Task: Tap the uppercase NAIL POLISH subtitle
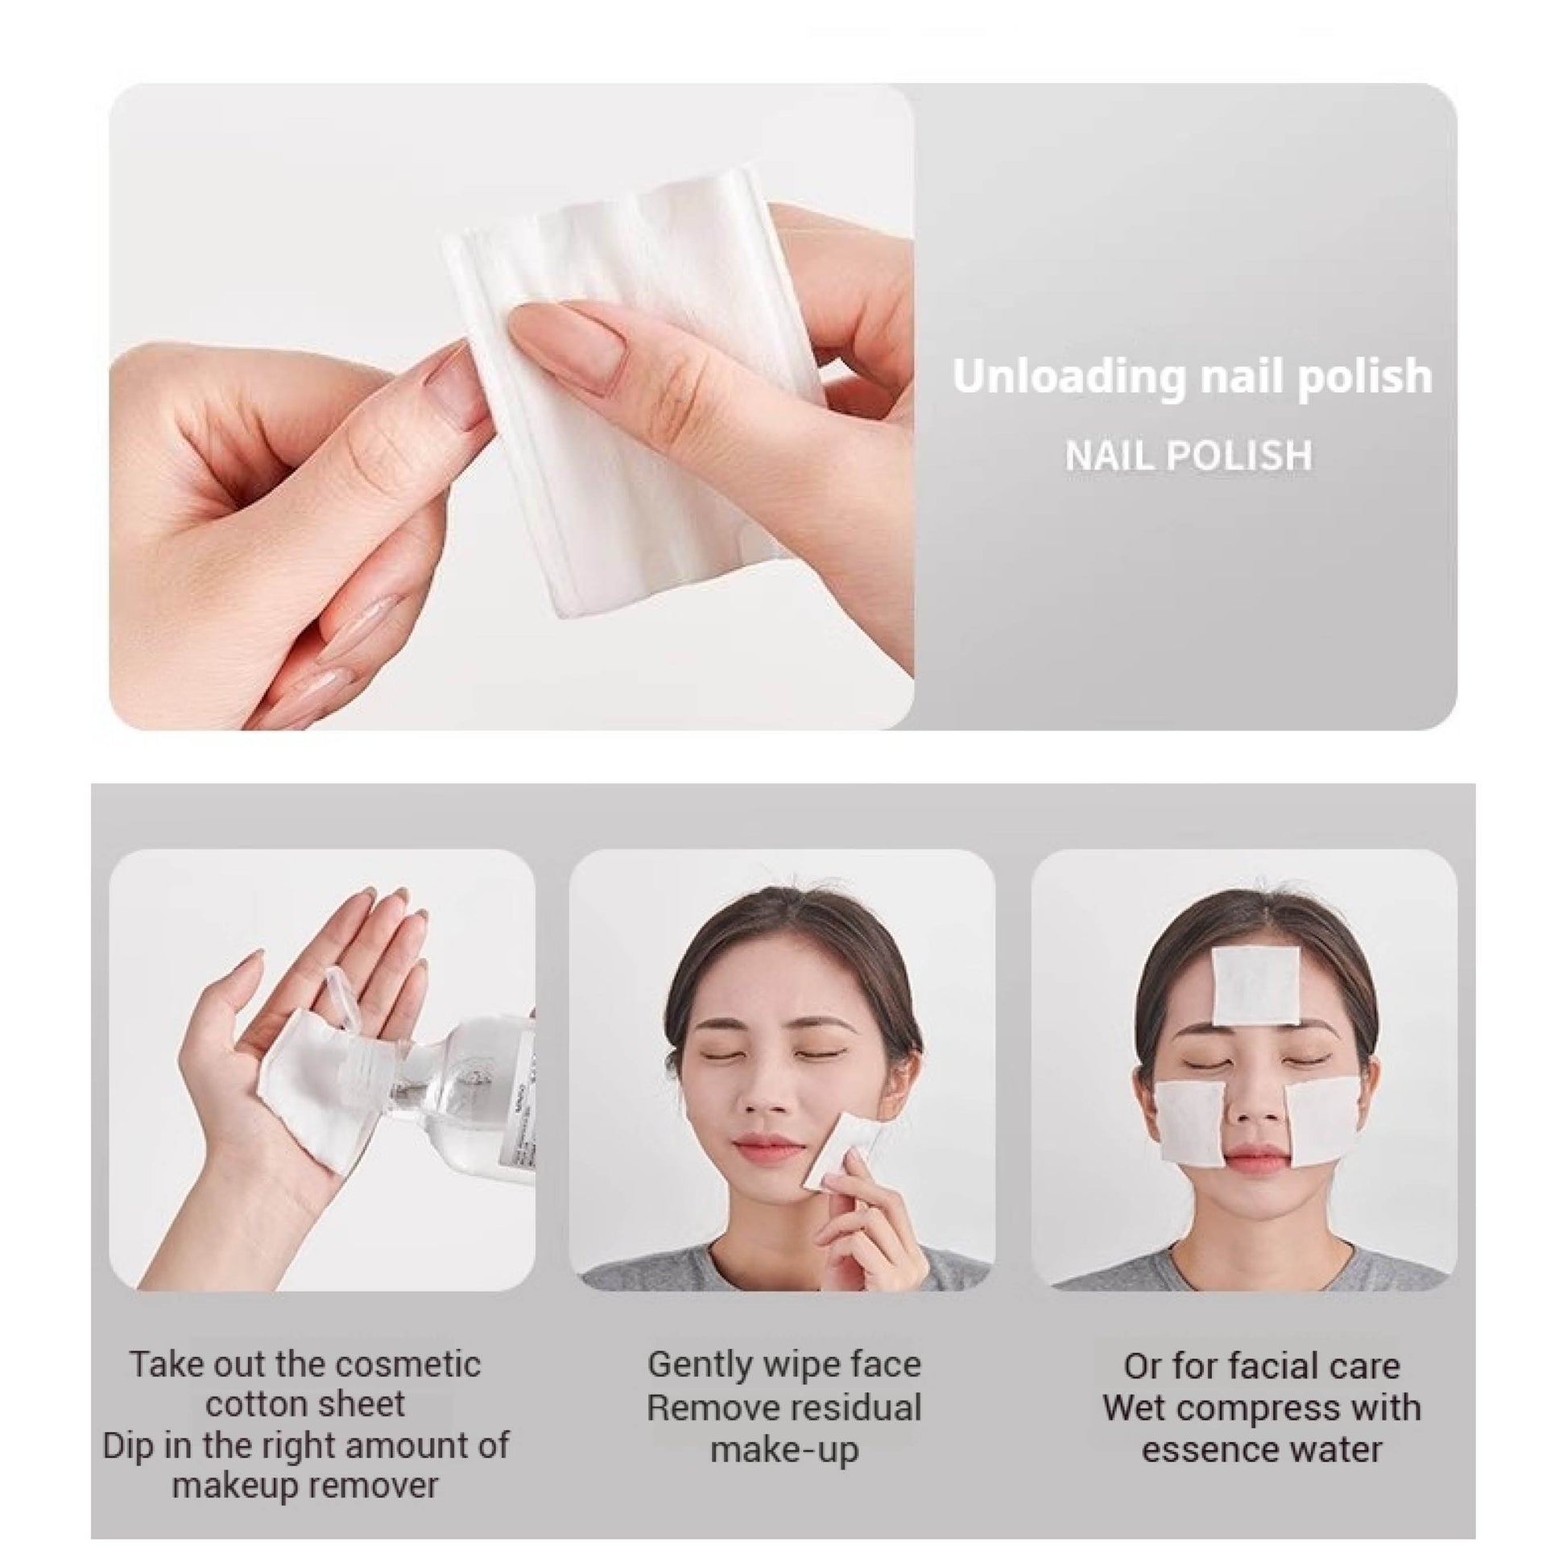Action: point(1189,456)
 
